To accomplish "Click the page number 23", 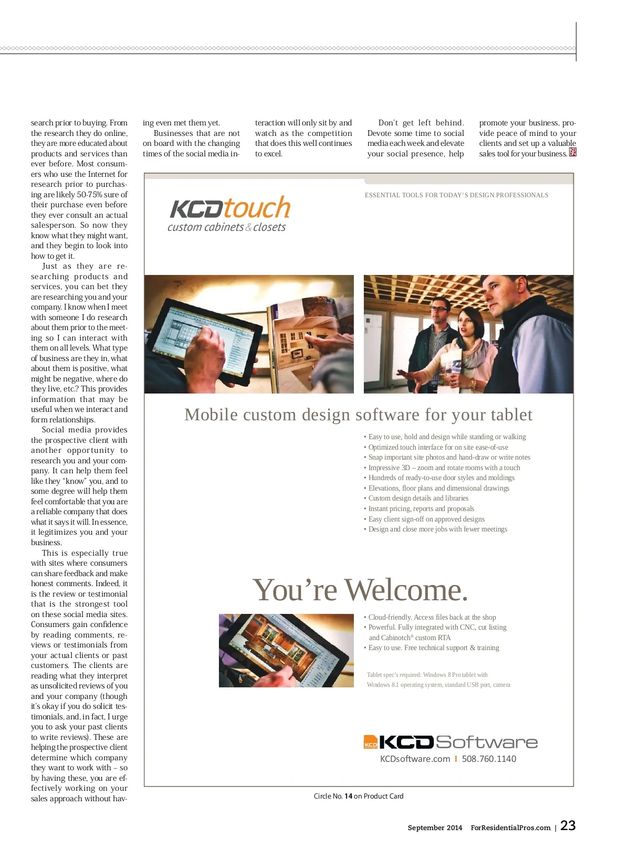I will [x=568, y=825].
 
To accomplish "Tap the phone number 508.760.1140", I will [x=489, y=759].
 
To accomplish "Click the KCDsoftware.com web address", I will [x=415, y=759].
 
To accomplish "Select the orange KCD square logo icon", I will [x=371, y=742].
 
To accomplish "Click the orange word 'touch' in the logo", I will [x=257, y=208].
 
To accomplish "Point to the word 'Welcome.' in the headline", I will [x=406, y=590].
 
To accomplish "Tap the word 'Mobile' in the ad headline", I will [x=211, y=415].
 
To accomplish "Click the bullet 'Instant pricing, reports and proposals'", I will [x=421, y=508].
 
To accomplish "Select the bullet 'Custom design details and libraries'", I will [x=418, y=498].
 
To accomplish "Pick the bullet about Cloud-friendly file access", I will [x=432, y=617].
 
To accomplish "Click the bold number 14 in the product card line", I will [x=348, y=796].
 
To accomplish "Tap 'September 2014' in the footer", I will [x=435, y=827].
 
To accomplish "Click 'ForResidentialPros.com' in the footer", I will [x=510, y=827].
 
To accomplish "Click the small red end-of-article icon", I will [x=573, y=152].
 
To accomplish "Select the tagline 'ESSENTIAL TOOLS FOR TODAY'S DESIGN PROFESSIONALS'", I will [x=456, y=195].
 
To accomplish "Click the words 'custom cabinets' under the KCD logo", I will [x=205, y=227].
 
